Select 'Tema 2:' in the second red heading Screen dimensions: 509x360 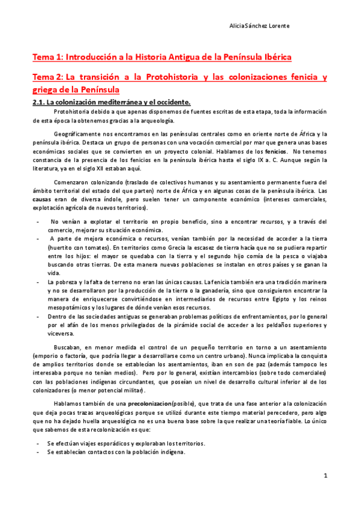point(47,77)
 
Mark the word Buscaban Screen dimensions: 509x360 point(67,348)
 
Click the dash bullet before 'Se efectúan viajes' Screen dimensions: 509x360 point(38,443)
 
